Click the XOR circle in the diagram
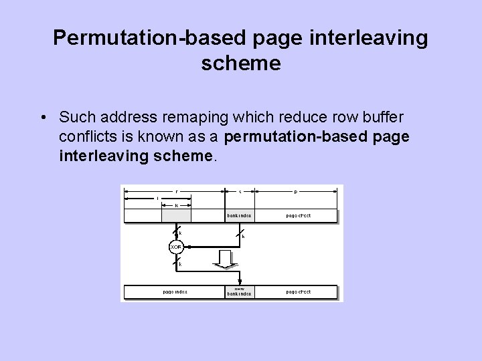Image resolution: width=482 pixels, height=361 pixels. (x=176, y=247)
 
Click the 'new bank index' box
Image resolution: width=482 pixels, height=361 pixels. (x=239, y=291)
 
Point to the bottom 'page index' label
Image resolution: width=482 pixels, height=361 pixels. (x=175, y=291)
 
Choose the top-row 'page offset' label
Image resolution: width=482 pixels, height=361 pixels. (x=298, y=216)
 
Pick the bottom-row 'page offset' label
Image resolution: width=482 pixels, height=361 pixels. (x=298, y=291)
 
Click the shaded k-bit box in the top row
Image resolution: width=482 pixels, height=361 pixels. (x=176, y=215)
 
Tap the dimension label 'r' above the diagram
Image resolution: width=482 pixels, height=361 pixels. (x=176, y=191)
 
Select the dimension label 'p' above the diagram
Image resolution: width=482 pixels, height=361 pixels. (x=295, y=191)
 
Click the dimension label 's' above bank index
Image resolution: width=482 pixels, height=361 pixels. (x=240, y=191)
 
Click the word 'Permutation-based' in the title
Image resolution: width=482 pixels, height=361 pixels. (x=151, y=37)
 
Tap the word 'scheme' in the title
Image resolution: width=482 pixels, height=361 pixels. (x=240, y=64)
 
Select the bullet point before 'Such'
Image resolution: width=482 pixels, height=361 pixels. (x=42, y=118)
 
